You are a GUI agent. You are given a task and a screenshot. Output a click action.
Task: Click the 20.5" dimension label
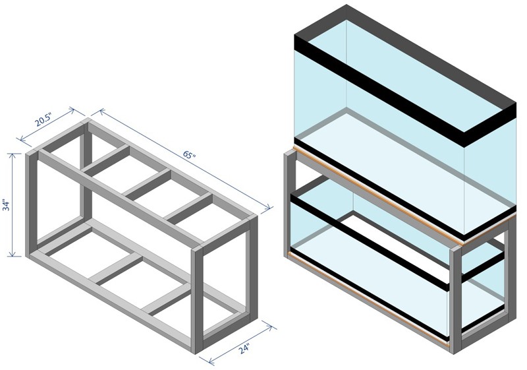43,120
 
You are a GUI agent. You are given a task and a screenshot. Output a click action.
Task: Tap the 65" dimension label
189,155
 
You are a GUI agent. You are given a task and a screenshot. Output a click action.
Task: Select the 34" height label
7,205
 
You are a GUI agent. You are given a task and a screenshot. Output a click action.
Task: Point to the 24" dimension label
244,349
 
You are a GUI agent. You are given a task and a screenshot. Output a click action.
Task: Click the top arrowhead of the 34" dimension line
13,156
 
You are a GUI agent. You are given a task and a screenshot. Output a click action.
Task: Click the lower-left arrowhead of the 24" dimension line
211,361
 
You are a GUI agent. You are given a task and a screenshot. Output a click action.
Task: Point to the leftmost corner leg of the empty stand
31,204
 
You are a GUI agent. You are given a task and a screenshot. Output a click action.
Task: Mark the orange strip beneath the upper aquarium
403,196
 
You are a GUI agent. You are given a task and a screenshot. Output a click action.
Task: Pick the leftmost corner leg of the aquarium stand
291,205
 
